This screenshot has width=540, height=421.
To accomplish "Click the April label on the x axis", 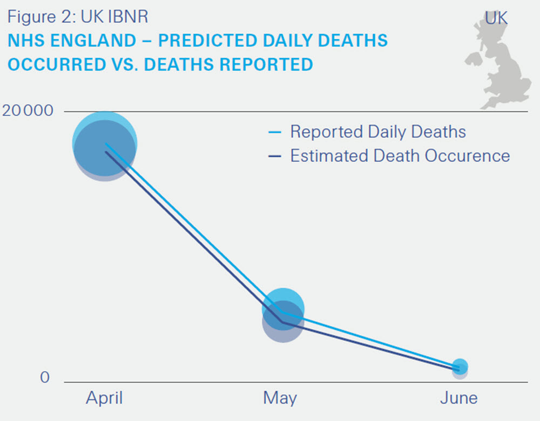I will point(104,398).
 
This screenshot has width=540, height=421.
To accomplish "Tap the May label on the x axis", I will point(280,398).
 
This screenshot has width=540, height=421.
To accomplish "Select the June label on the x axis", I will point(458,398).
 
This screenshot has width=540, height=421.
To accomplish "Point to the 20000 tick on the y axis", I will point(28,111).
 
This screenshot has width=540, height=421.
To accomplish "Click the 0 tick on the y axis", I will point(44,377).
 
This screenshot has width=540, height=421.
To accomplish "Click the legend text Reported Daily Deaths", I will point(377,132).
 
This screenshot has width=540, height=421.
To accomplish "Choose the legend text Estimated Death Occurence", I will point(400,156).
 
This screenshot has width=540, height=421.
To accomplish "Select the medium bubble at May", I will point(282,315).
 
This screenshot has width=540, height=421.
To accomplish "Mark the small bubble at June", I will point(460,368).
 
